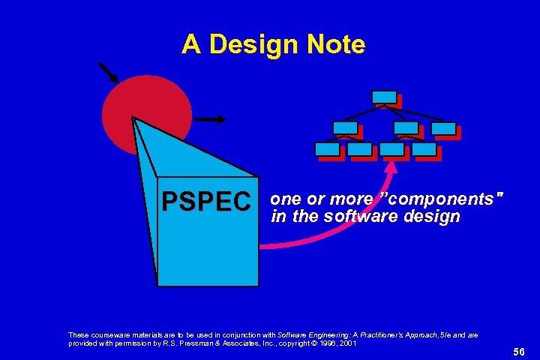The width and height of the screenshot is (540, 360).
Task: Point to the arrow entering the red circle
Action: (x=108, y=71)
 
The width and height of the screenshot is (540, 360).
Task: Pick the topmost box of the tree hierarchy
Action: (x=384, y=97)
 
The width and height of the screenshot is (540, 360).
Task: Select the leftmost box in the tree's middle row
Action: (x=345, y=127)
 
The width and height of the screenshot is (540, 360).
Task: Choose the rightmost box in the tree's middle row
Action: (x=443, y=128)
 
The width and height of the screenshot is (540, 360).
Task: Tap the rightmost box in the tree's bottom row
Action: (x=424, y=149)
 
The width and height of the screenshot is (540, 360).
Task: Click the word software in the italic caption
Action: (x=352, y=217)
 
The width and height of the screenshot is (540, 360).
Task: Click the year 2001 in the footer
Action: (x=348, y=343)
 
